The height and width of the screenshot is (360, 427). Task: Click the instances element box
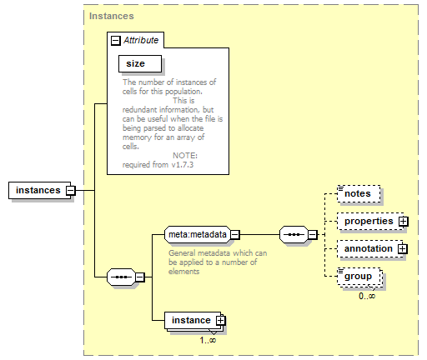coord(40,191)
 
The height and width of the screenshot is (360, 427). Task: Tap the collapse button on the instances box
coord(71,191)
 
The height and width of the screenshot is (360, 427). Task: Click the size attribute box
coord(140,63)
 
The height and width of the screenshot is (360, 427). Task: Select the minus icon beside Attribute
coord(116,41)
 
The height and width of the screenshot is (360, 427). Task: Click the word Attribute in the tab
coord(141,40)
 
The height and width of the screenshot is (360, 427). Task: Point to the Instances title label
coord(112,16)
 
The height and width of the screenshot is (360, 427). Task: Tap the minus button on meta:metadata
coord(235,235)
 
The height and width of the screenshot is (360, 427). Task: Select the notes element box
coord(359,193)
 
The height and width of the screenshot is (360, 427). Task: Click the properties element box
coord(369,221)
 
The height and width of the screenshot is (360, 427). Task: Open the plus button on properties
coord(403,222)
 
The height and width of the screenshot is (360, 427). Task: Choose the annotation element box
coord(369,248)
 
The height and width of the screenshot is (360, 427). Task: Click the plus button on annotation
coord(403,248)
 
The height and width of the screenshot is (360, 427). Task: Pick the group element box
coord(359,277)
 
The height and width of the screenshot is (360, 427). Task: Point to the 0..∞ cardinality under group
coord(367,296)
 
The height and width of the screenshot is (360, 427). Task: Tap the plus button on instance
coord(221,321)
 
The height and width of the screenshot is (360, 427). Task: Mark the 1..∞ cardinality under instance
coord(208,340)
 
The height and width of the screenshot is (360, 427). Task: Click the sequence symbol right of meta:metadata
coord(294,235)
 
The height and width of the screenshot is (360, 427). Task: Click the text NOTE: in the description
coord(185,156)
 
